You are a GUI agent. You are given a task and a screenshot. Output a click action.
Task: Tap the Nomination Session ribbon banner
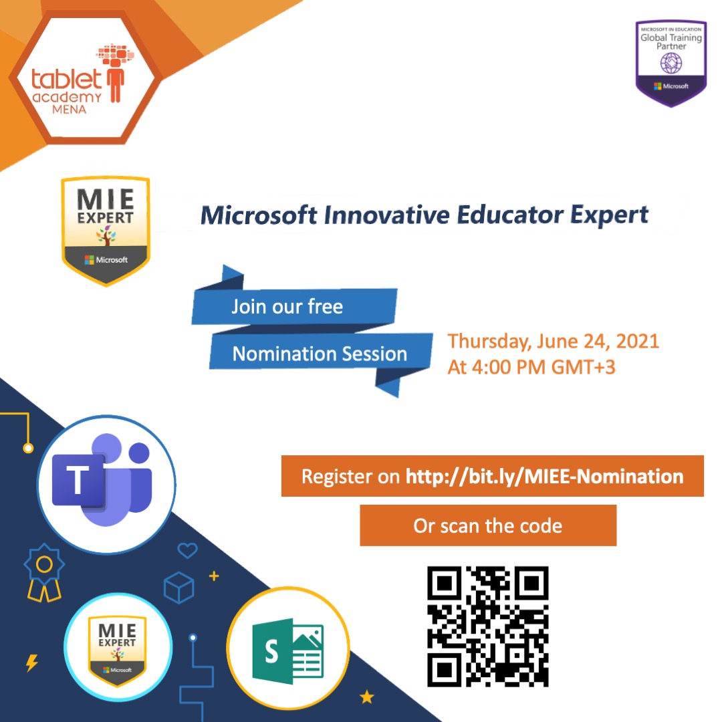(320, 354)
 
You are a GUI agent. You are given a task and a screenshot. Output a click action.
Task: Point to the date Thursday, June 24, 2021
(553, 341)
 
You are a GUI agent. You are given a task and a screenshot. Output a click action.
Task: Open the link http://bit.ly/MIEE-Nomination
(544, 477)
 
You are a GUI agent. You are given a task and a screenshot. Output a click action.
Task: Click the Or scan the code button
(488, 525)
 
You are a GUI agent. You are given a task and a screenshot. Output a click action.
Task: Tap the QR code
(488, 626)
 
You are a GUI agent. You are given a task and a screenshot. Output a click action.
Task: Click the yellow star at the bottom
(367, 697)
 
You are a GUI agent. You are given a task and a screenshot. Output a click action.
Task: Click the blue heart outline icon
(187, 551)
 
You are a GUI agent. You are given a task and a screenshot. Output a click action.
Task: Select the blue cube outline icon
(178, 588)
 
